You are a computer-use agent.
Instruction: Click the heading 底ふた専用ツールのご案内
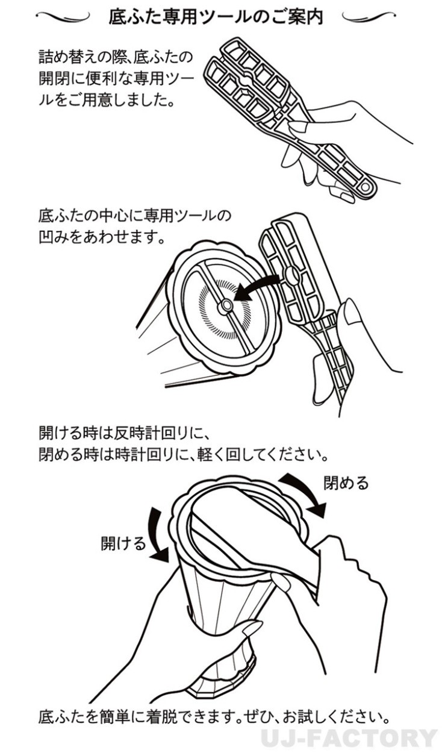point(216,17)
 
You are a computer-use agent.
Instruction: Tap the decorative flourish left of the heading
point(63,16)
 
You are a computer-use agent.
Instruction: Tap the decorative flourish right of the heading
point(369,16)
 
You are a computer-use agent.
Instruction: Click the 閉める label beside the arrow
point(346,483)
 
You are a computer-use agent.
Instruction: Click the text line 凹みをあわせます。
point(102,238)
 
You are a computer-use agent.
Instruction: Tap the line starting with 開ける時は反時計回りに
point(125,433)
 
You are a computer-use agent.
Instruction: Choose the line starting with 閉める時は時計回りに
point(184,455)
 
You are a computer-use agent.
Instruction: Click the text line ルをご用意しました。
point(107,100)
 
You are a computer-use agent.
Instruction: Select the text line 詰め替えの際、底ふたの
point(116,57)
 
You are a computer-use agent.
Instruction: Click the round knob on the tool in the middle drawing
point(291,275)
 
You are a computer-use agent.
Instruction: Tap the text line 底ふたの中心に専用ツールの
point(135,216)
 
